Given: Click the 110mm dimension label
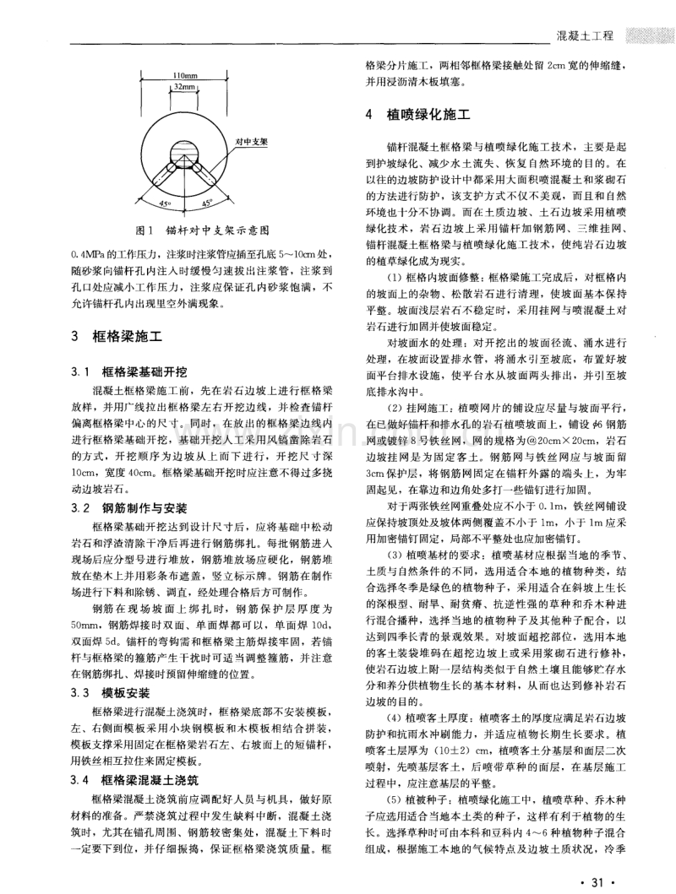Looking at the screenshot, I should tap(177, 74).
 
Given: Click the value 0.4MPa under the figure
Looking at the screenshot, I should tap(88, 252).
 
